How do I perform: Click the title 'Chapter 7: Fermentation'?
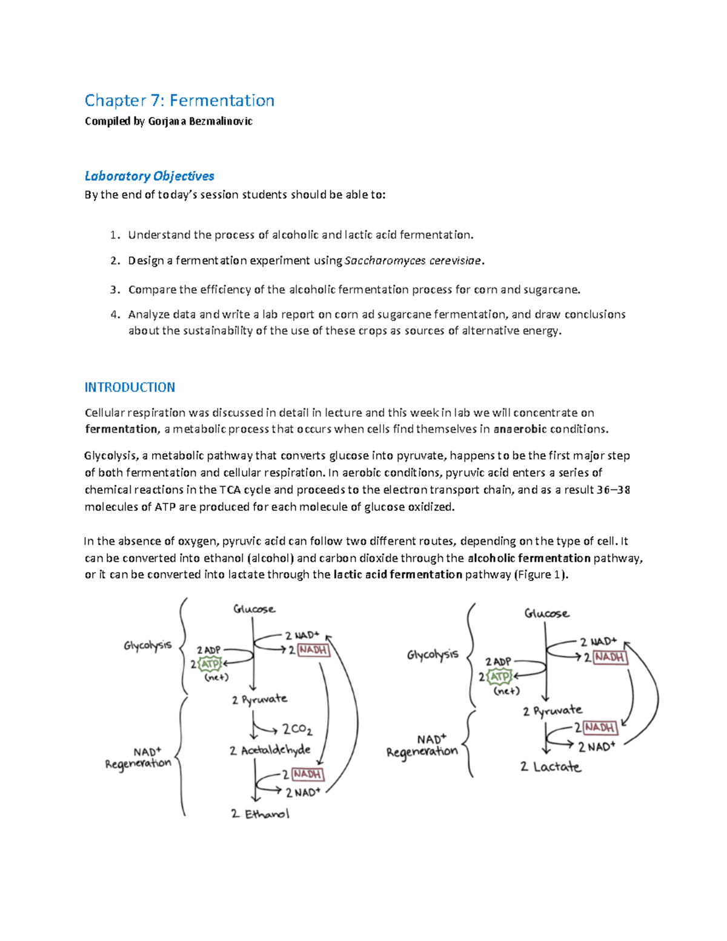click(x=179, y=100)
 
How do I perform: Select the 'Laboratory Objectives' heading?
click(x=149, y=176)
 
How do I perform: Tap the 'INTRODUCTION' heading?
click(x=130, y=387)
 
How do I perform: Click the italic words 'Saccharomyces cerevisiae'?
click(x=414, y=261)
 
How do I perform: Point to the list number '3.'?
click(x=115, y=290)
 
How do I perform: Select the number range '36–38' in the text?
click(x=613, y=490)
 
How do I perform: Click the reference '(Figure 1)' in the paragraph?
click(x=541, y=574)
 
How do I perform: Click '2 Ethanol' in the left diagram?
click(x=260, y=814)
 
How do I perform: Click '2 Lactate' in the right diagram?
click(x=550, y=766)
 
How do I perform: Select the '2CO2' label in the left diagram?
click(x=297, y=730)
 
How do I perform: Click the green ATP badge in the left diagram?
click(x=210, y=664)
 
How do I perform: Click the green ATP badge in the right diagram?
click(x=500, y=676)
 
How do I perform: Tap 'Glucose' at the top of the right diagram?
click(x=546, y=613)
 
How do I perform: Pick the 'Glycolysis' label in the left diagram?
click(x=148, y=645)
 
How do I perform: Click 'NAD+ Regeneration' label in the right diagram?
click(x=423, y=746)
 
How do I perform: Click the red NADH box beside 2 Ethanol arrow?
click(x=307, y=774)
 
